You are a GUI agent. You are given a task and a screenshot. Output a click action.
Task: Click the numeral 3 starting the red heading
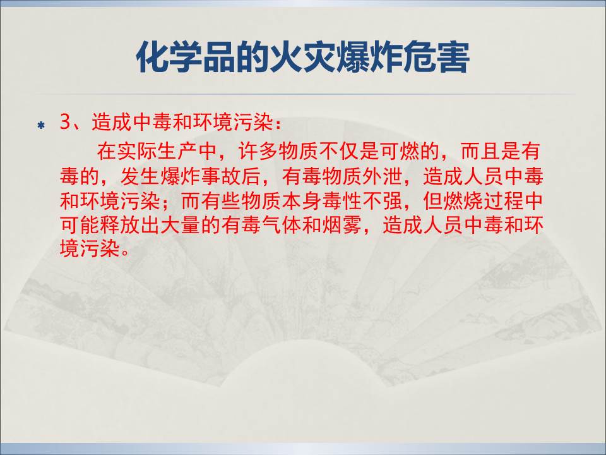(x=65, y=122)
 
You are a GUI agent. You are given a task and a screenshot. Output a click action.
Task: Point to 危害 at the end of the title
(x=436, y=58)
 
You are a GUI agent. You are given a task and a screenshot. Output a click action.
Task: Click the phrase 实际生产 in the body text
(x=157, y=151)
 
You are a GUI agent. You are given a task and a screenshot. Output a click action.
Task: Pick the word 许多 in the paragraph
(x=258, y=151)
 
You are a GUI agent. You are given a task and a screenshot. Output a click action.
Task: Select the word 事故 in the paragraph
(x=220, y=176)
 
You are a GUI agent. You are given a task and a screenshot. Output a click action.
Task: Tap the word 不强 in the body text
(x=382, y=201)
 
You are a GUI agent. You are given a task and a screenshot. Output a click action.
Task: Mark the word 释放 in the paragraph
(x=120, y=225)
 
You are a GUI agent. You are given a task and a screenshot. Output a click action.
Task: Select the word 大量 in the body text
(x=181, y=225)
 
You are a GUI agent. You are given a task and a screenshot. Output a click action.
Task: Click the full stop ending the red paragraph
(x=124, y=254)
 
